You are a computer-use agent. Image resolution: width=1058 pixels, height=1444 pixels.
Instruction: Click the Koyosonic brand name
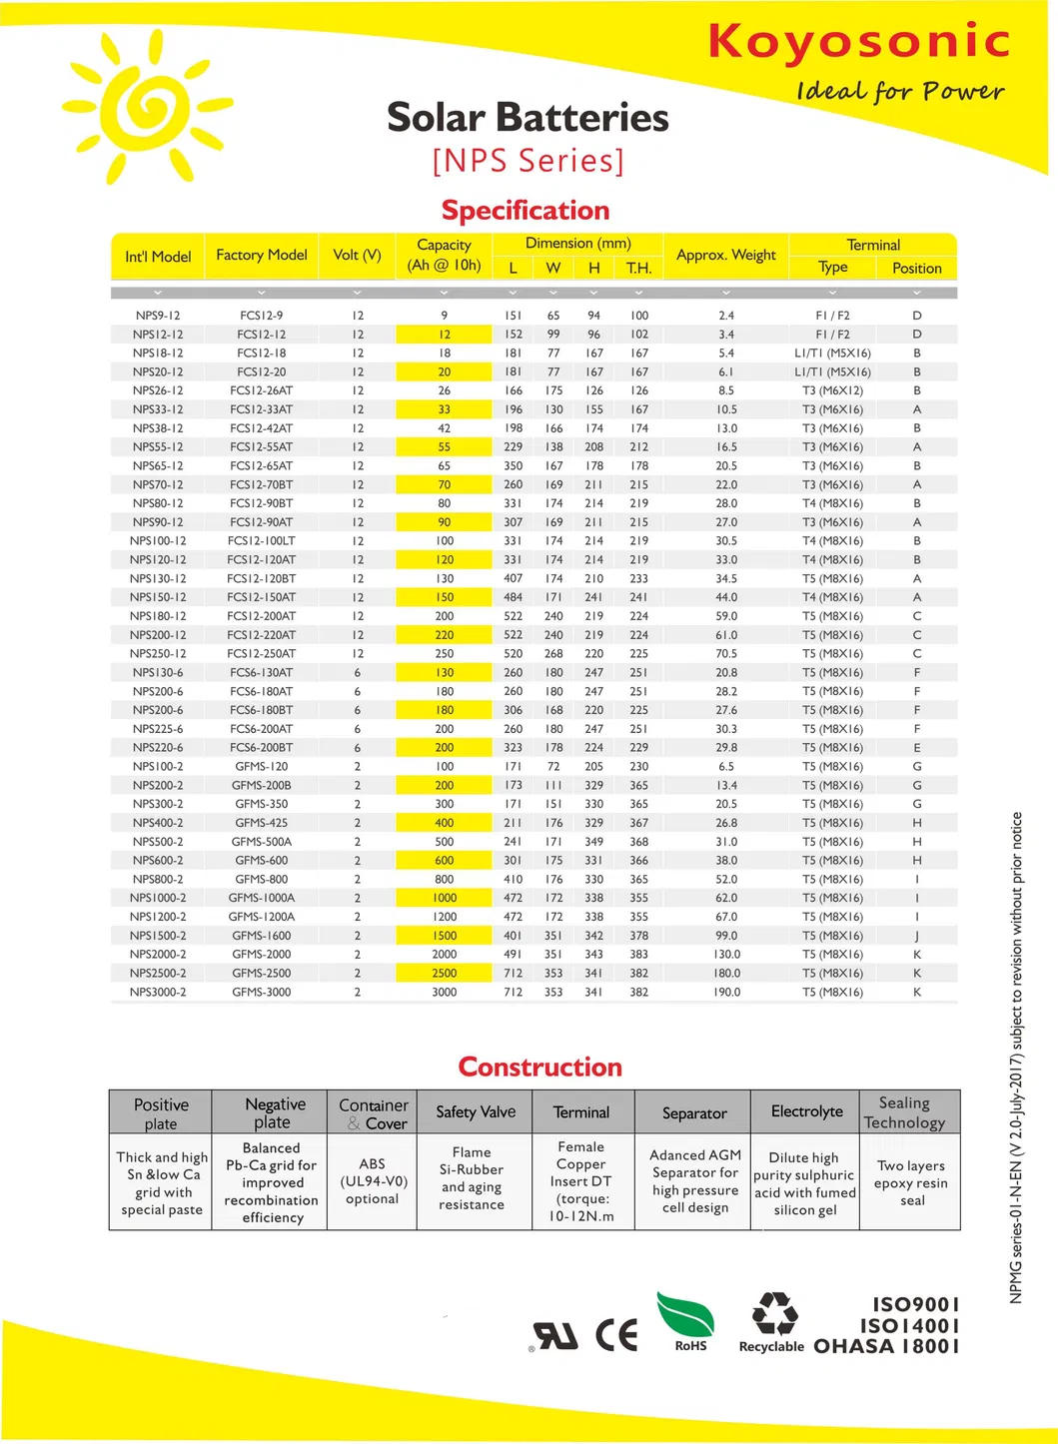[x=858, y=42]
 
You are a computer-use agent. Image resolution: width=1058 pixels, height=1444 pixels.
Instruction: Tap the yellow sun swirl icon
[x=148, y=107]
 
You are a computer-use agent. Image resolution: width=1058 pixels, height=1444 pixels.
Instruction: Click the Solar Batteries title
[x=528, y=118]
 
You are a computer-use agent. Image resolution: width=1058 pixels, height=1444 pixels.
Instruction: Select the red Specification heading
[x=526, y=211]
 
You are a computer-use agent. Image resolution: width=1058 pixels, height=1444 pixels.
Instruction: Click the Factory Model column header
[x=262, y=256]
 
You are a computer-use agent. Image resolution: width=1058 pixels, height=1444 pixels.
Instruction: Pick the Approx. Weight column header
[x=726, y=256]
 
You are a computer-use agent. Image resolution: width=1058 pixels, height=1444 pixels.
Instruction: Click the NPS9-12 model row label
[x=158, y=316]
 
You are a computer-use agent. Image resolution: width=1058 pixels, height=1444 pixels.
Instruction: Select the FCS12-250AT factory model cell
[x=262, y=654]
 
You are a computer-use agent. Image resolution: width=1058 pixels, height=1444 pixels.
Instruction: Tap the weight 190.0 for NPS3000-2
[x=726, y=993]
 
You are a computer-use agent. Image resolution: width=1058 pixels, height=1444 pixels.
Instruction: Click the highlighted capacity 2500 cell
[x=445, y=974]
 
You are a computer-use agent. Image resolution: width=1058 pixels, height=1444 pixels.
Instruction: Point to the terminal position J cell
[x=917, y=937]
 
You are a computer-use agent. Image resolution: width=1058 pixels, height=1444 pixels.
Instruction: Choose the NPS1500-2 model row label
[x=158, y=937]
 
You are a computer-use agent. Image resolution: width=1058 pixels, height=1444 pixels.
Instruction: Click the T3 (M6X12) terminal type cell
[x=832, y=391]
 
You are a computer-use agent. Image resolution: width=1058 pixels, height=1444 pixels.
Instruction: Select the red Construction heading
[x=539, y=1068]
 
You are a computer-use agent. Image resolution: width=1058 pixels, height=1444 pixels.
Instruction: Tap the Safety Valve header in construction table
[x=476, y=1112]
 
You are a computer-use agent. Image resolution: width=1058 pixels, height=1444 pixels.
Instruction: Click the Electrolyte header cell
[x=806, y=1112]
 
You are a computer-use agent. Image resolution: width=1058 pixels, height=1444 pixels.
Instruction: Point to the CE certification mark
[x=616, y=1335]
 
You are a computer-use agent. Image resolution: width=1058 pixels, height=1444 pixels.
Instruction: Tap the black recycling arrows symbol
[x=774, y=1313]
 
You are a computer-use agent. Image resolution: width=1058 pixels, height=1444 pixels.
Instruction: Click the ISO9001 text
[x=916, y=1305]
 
